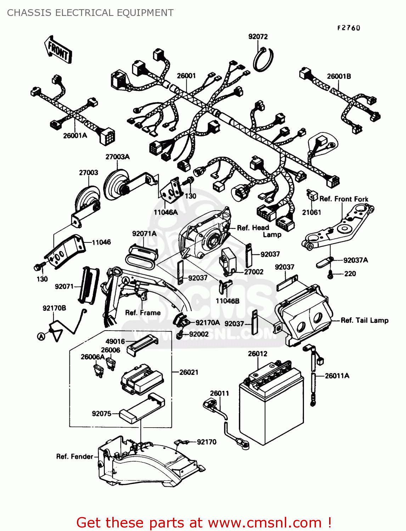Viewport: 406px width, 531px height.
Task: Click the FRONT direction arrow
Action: tap(58, 50)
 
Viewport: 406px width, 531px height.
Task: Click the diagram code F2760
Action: tap(348, 28)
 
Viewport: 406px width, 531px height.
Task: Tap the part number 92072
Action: tap(258, 37)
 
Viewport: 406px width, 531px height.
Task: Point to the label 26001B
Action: tap(339, 76)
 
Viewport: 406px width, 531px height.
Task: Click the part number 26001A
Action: tap(75, 135)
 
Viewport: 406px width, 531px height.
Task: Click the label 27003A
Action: tap(117, 157)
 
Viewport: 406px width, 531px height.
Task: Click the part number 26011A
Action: tap(337, 376)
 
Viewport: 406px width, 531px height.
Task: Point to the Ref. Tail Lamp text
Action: tap(364, 320)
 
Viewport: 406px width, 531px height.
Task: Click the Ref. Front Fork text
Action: tap(344, 199)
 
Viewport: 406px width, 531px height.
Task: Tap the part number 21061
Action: tap(311, 212)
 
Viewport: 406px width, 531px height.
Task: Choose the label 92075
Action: tap(101, 413)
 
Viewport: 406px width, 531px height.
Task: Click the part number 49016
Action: tap(115, 341)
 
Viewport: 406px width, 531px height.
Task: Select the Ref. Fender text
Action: tap(74, 457)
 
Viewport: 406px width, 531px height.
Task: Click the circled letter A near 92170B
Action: tap(41, 336)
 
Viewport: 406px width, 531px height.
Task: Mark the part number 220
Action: tap(350, 274)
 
